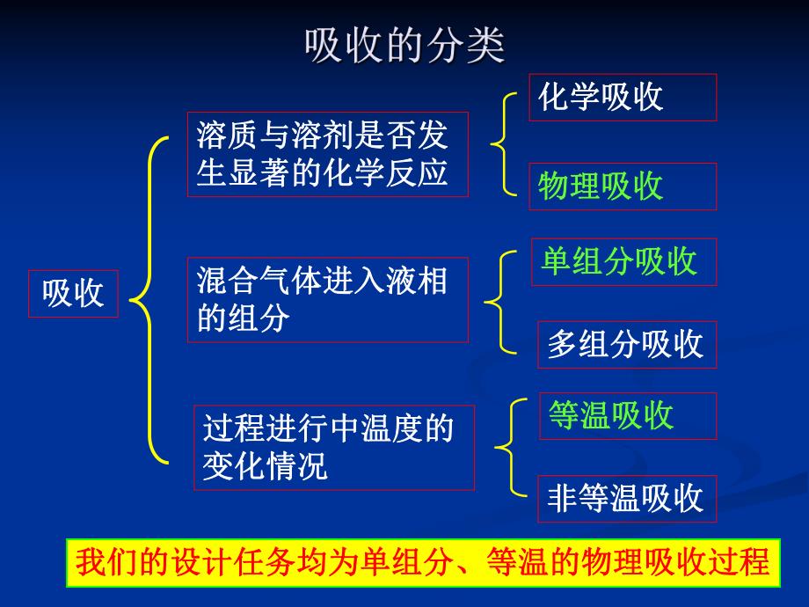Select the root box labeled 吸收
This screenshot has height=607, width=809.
(74, 294)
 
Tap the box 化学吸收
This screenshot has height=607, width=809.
(622, 98)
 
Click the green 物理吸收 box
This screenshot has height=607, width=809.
(622, 186)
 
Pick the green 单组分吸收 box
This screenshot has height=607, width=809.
(623, 262)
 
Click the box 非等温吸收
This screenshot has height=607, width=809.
(626, 499)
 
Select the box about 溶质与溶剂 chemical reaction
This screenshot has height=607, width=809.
(327, 154)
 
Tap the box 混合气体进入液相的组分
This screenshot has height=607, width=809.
(327, 300)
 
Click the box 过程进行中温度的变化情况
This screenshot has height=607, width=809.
(334, 448)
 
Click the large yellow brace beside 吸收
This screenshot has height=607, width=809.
(149, 299)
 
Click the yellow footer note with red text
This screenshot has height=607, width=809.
(423, 563)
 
